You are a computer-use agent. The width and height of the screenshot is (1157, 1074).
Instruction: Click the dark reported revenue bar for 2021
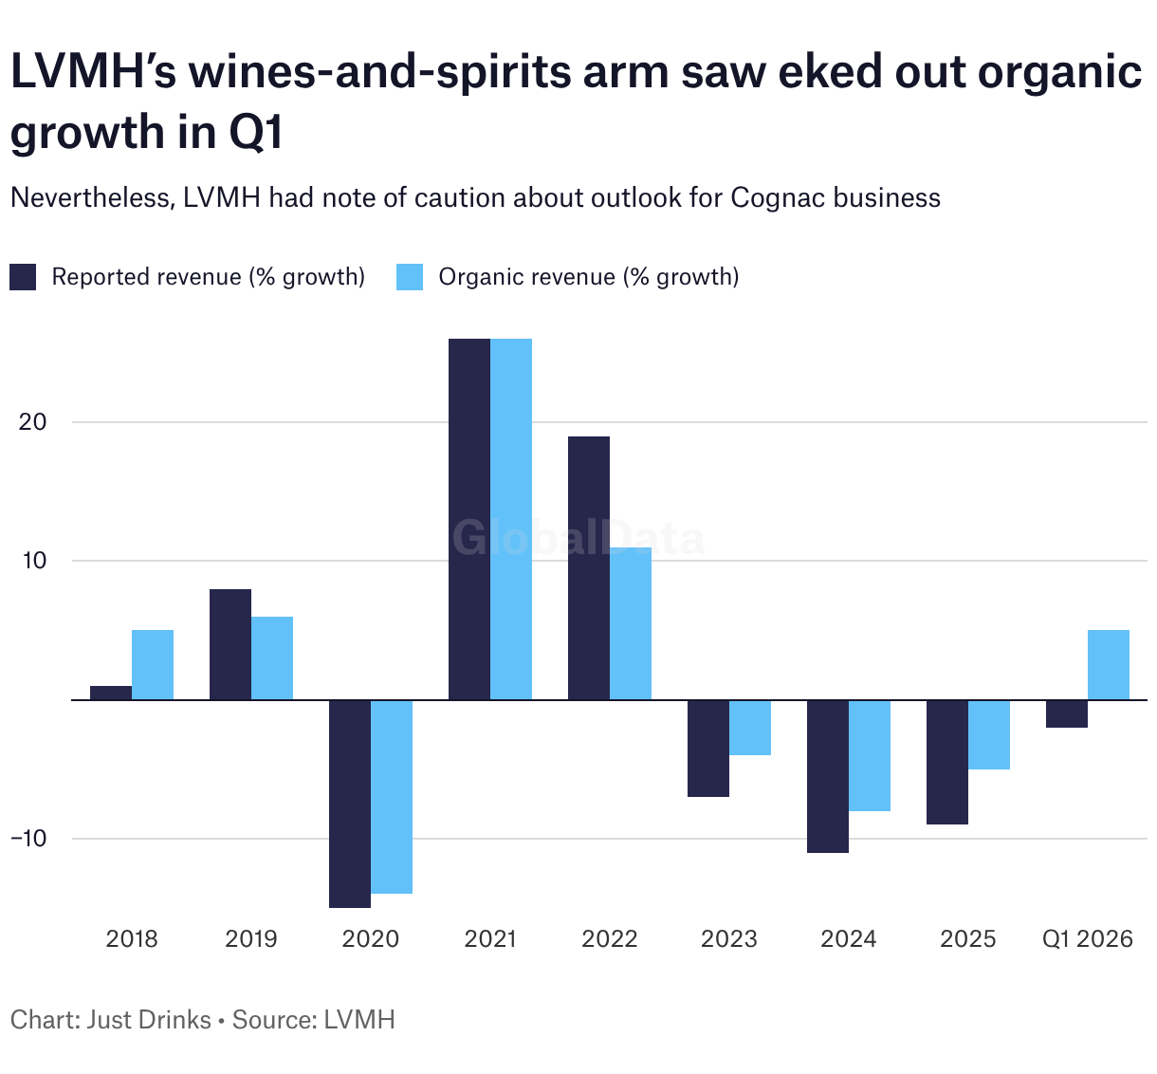tap(469, 519)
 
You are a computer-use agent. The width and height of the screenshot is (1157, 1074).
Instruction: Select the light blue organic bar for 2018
tap(153, 665)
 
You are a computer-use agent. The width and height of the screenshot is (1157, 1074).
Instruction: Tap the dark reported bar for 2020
tap(350, 804)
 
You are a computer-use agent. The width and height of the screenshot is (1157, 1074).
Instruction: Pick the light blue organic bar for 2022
tap(631, 623)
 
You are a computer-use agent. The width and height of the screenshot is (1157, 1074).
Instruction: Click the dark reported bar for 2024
tap(828, 776)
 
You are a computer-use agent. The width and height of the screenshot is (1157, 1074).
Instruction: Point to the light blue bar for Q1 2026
tap(1109, 665)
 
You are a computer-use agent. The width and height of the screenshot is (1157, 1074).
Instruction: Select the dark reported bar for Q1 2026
tap(1067, 713)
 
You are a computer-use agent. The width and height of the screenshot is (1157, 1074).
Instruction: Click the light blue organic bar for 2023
tap(750, 728)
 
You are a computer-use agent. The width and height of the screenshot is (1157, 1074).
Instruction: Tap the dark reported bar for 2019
tap(230, 644)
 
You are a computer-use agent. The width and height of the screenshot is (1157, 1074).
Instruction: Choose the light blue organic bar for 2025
tap(989, 734)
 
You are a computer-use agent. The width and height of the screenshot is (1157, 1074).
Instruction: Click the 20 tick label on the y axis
tap(32, 421)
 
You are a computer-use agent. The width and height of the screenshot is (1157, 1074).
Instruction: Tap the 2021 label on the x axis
tap(490, 939)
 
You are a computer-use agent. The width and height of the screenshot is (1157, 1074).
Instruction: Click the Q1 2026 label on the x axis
tap(1088, 939)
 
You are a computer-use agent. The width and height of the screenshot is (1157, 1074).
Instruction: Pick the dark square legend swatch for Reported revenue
tap(23, 277)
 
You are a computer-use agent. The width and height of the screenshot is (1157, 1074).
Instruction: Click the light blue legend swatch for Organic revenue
tap(410, 277)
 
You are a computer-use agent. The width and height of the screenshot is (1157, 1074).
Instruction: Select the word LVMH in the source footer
tap(359, 1020)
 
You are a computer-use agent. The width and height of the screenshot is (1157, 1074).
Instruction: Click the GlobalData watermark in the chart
tap(578, 538)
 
